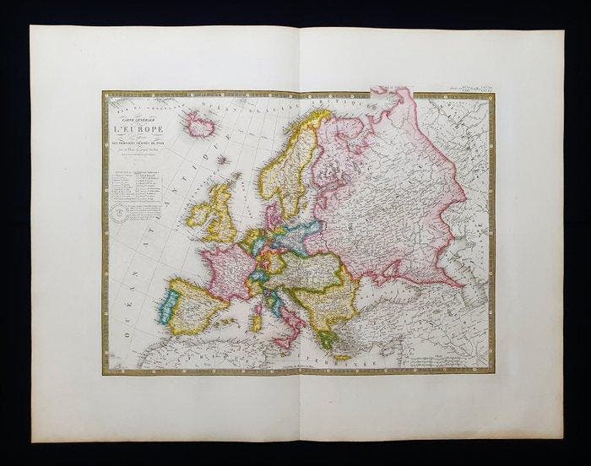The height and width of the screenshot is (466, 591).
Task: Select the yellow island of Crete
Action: point(343,359)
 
